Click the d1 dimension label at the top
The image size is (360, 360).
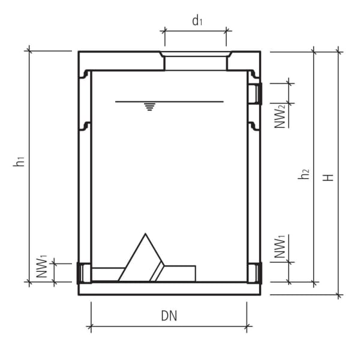[x=197, y=21]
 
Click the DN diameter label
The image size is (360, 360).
[x=169, y=315]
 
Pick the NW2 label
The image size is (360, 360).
[x=280, y=115]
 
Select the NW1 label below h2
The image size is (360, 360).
[x=280, y=248]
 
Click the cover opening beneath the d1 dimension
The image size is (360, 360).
[x=196, y=61]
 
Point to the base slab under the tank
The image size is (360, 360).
[x=169, y=289]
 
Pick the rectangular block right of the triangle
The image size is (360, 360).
[x=180, y=273]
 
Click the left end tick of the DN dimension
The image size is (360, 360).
[x=91, y=328]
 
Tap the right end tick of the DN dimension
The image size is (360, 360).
[x=247, y=328]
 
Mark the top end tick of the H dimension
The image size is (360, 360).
[x=339, y=52]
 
